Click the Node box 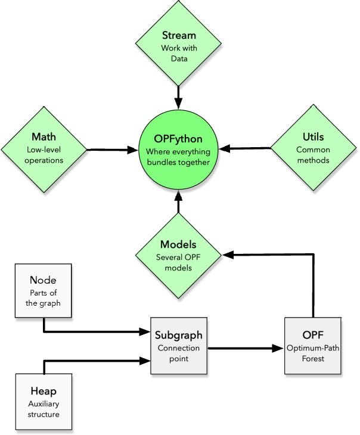tap(44, 291)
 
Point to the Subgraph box tap(178, 346)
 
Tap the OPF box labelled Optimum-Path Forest tap(312, 346)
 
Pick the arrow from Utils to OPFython tap(249, 148)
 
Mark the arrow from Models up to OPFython tap(178, 206)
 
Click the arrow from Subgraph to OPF tap(245, 347)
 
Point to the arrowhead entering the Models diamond tap(227, 254)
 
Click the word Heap tap(44, 392)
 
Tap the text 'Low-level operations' tap(44, 156)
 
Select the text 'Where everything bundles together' tap(178, 157)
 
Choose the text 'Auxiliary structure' tap(44, 408)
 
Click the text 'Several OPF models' tap(178, 263)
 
